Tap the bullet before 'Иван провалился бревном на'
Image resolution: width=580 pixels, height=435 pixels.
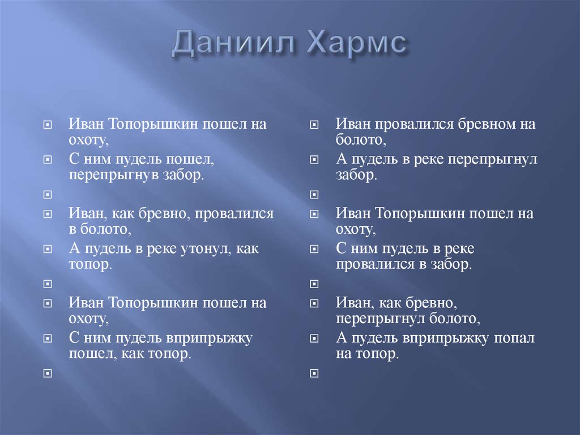pos(314,124)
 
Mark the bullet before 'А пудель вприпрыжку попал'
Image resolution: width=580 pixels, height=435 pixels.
pos(314,339)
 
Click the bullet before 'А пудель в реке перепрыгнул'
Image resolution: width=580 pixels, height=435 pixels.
pos(314,160)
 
